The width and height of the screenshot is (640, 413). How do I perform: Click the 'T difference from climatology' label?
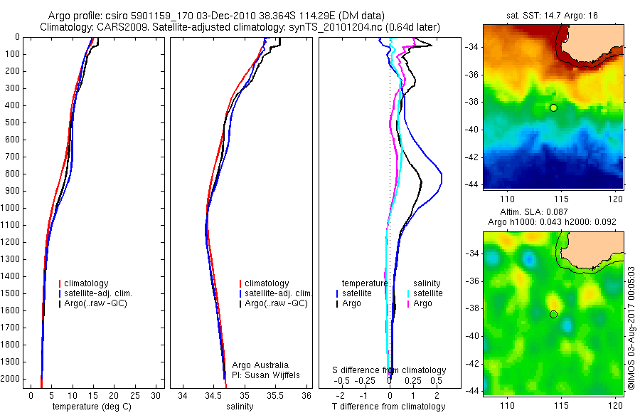pyautogui.click(x=388, y=407)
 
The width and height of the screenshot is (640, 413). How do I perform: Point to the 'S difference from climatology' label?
pyautogui.click(x=390, y=370)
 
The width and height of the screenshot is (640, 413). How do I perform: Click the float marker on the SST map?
pyautogui.click(x=553, y=108)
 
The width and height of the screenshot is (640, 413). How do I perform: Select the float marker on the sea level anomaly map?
pyautogui.click(x=553, y=314)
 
